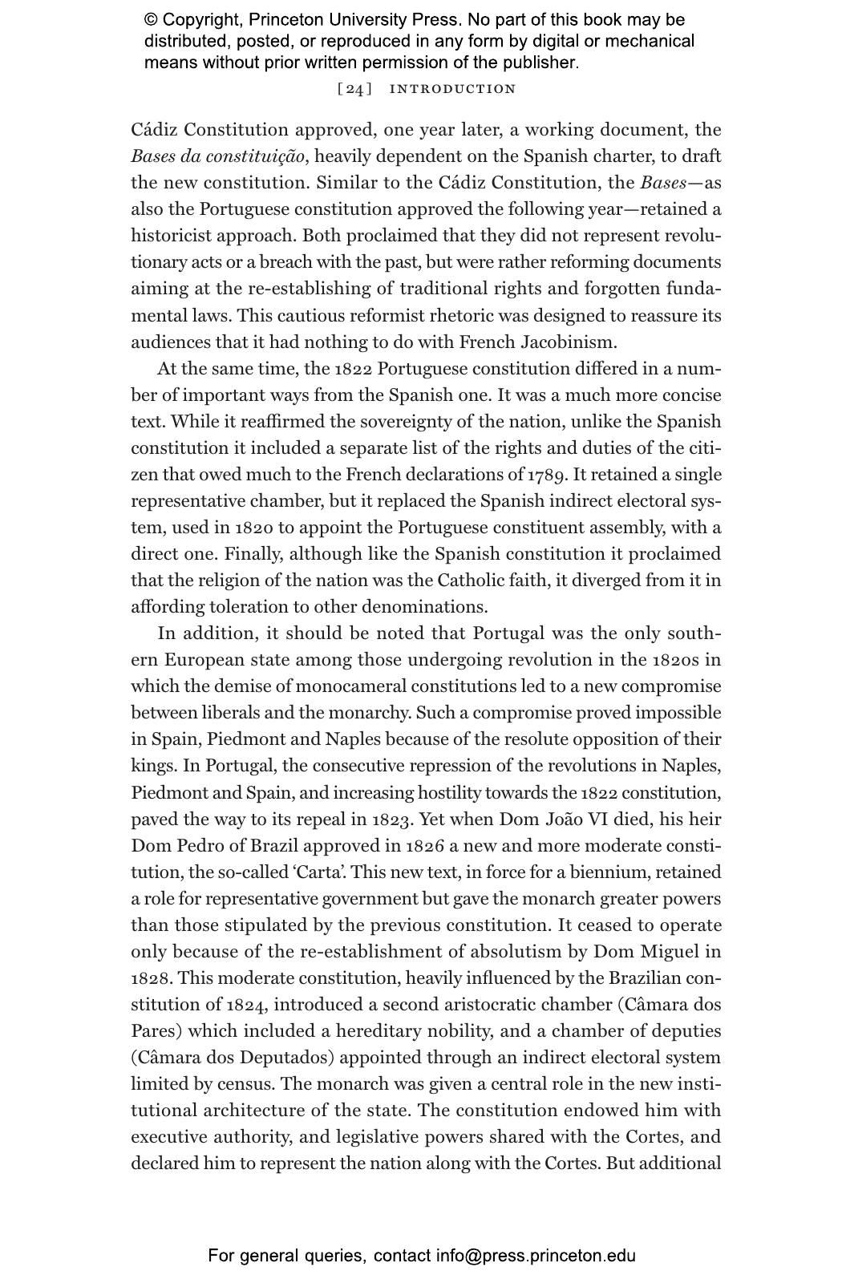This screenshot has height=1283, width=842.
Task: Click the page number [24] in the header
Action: pyautogui.click(x=354, y=89)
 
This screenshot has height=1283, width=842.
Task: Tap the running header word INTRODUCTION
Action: pyautogui.click(x=452, y=89)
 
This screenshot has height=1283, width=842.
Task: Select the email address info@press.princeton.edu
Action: pyautogui.click(x=536, y=1256)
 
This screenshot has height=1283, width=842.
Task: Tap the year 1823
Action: pyautogui.click(x=393, y=820)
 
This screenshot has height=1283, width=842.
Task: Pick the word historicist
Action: pyautogui.click(x=172, y=236)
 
